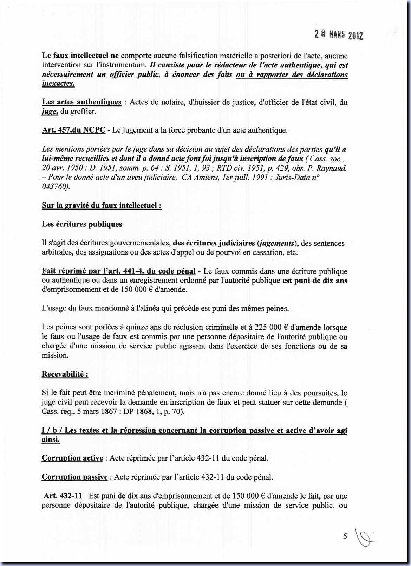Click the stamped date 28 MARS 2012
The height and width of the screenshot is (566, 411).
(338, 35)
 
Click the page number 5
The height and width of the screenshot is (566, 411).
(345, 536)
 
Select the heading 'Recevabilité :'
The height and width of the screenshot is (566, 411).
(65, 374)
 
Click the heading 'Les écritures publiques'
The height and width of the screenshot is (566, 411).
(82, 224)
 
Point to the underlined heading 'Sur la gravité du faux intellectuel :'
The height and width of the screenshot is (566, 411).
(102, 206)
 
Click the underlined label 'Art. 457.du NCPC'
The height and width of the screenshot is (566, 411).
(73, 130)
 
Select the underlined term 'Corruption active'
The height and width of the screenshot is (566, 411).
(72, 458)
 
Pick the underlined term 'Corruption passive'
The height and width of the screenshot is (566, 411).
(74, 477)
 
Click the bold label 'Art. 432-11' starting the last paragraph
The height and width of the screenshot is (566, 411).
(63, 496)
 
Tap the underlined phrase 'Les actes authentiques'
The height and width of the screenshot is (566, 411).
(81, 102)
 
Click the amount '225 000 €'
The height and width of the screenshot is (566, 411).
(271, 327)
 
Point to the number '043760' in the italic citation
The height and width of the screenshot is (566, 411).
(54, 187)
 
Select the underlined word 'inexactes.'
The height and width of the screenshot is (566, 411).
(58, 84)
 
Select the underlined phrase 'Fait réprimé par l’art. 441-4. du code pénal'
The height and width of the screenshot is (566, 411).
(118, 271)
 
